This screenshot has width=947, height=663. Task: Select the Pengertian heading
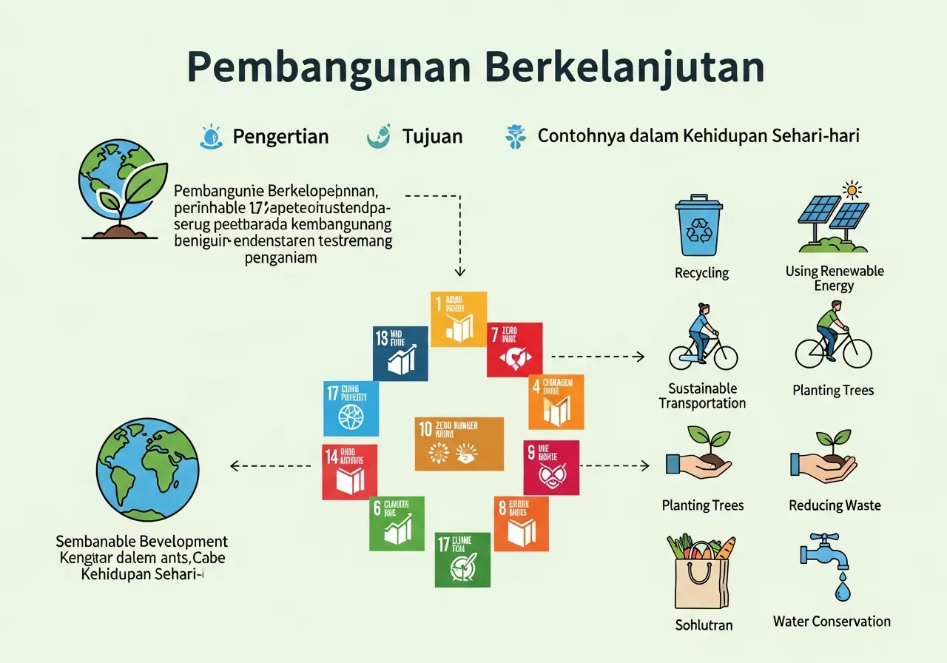[280, 136]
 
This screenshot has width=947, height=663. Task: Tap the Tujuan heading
[432, 136]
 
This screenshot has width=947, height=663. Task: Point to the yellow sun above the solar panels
[852, 190]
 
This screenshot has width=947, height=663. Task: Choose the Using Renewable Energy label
[834, 278]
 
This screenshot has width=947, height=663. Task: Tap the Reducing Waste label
[835, 505]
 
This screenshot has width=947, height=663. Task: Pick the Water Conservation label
[832, 622]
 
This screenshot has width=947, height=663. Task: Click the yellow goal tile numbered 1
[458, 319]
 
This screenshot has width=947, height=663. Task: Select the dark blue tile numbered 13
[400, 353]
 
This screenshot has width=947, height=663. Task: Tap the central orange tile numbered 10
[459, 444]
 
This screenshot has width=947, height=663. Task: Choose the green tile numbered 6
[397, 523]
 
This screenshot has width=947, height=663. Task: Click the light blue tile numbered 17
[351, 408]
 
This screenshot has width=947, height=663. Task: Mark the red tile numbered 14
[348, 471]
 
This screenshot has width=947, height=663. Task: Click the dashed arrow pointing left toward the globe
[270, 465]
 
